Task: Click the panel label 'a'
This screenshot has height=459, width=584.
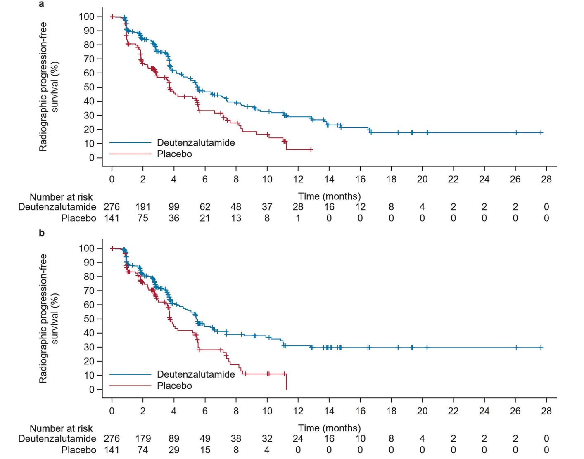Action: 41,5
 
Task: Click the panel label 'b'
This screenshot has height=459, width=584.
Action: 42,233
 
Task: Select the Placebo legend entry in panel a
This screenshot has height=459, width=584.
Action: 174,154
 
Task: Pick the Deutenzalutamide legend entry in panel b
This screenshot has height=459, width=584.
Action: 195,374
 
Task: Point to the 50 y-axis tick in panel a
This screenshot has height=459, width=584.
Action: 89,87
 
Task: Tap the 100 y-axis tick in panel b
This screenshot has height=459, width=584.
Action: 87,248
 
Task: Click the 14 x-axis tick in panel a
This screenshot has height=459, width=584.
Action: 329,179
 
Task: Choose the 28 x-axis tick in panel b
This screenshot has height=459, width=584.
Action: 546,411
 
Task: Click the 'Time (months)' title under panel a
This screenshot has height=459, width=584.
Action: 329,196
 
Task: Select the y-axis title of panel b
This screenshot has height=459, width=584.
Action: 49,319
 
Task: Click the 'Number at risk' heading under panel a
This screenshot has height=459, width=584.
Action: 61,197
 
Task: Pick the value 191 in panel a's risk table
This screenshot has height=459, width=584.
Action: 143,207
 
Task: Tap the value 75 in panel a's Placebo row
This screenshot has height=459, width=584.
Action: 143,218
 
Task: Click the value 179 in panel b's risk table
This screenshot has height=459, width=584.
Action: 143,439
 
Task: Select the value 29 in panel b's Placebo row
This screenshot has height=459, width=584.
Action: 174,450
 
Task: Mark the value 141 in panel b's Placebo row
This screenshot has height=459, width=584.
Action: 112,450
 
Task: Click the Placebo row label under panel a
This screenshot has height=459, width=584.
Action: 78,218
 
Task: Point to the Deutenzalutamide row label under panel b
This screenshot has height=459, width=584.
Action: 57,439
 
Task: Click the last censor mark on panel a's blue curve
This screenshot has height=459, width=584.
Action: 541,133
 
